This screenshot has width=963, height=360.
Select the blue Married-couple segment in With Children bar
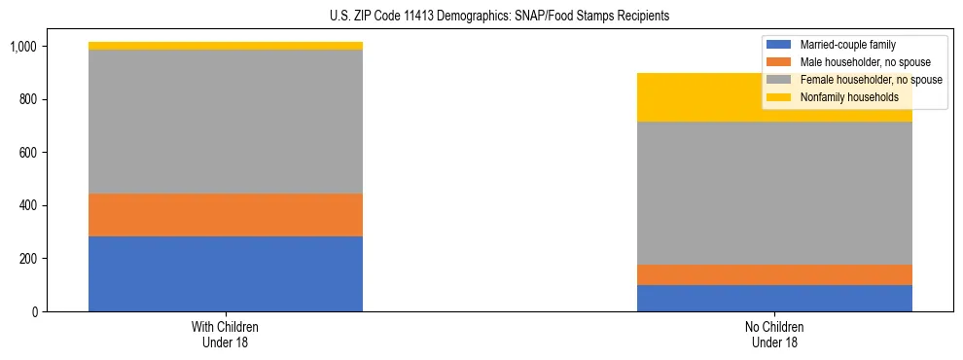coord(225,273)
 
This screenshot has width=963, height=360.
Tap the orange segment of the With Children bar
coord(225,215)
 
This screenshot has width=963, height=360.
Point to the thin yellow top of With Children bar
coord(225,46)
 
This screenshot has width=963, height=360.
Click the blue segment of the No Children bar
coord(774,298)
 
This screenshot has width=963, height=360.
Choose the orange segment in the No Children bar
coord(774,274)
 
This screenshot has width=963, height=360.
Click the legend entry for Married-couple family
coord(846,45)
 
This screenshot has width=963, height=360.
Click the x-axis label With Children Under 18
coord(225,335)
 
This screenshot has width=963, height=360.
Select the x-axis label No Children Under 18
coord(774,335)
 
